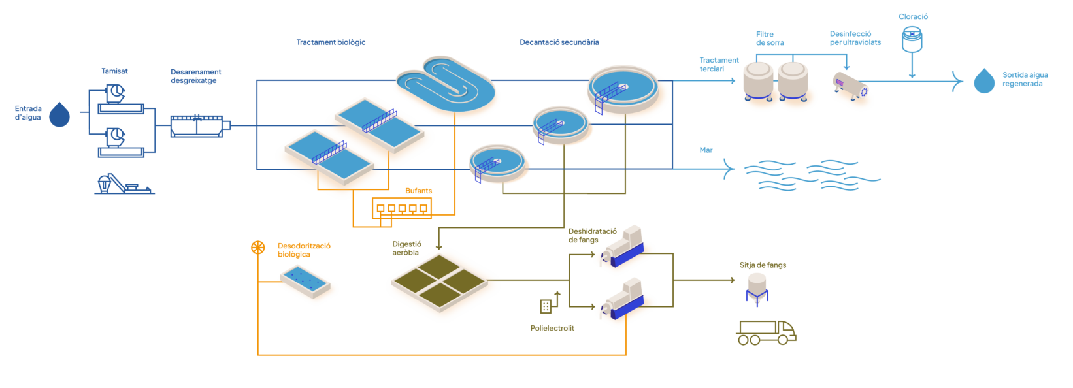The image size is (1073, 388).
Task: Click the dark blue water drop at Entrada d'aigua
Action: click(59, 114)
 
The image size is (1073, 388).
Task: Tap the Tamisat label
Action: click(114, 71)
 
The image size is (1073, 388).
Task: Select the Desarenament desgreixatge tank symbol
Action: click(197, 125)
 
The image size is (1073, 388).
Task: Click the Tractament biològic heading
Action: click(331, 42)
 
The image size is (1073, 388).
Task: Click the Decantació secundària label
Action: click(559, 42)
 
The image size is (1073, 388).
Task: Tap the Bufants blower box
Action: click(402, 208)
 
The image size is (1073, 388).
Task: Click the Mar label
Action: click(706, 150)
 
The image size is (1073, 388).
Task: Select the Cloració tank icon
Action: click(912, 39)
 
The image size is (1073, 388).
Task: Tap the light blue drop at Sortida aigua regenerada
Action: click(984, 81)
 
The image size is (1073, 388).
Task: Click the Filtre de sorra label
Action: click(770, 38)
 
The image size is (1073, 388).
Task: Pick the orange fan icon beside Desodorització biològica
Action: click(258, 248)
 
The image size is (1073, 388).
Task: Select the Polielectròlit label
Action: click(552, 328)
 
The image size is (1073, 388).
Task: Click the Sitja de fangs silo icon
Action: click(757, 288)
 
